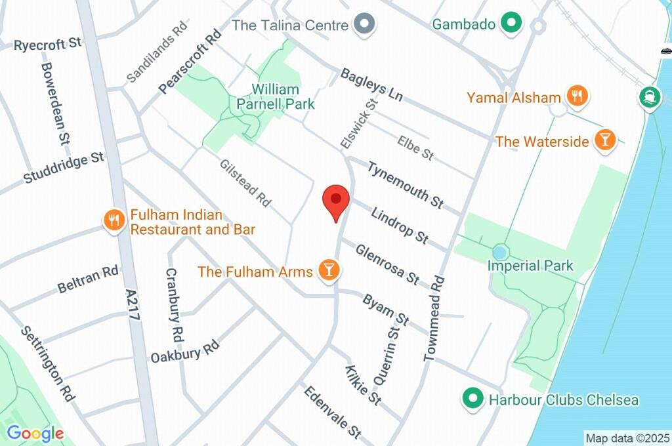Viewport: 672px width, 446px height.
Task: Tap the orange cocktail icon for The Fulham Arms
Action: (327, 270)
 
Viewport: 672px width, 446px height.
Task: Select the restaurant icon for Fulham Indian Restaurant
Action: (114, 220)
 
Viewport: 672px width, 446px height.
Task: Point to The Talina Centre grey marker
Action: (363, 25)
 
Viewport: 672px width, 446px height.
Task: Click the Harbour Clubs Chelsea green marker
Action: (471, 399)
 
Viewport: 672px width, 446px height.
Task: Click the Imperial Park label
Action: (530, 266)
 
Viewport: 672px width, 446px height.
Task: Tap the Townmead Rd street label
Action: (434, 318)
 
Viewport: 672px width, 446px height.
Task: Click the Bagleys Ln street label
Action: (371, 85)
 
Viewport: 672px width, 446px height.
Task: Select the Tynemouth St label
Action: (405, 185)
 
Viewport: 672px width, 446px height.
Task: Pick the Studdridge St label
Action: (64, 168)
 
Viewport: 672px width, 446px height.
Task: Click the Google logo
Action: (35, 433)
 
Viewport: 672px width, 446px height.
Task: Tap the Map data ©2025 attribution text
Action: (627, 437)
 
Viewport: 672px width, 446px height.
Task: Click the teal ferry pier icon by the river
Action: (650, 98)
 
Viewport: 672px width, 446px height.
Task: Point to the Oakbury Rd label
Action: (184, 352)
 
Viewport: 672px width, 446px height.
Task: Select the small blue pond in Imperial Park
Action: (500, 252)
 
